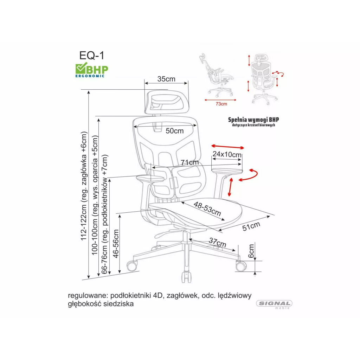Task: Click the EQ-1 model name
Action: pos(92,56)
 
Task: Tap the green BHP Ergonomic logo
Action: pos(92,70)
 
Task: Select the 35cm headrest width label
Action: pos(166,79)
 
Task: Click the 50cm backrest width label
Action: pos(174,131)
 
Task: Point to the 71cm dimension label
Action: pos(189,162)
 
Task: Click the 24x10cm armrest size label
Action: pos(227,154)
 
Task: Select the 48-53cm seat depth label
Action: pos(207,209)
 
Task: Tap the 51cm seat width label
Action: pos(251,226)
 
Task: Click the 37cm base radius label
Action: pos(217,243)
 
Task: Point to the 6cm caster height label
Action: pos(251,251)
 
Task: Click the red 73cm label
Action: pos(221,104)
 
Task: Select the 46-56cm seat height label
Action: pos(116,244)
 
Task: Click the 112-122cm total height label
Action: pos(84,186)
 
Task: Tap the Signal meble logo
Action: pos(274,304)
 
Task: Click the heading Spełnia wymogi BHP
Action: pos(253,120)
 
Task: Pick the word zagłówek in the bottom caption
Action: pos(182,295)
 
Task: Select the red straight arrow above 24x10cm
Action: pos(228,147)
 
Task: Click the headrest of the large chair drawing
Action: pos(166,102)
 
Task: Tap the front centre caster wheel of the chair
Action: pos(186,277)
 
